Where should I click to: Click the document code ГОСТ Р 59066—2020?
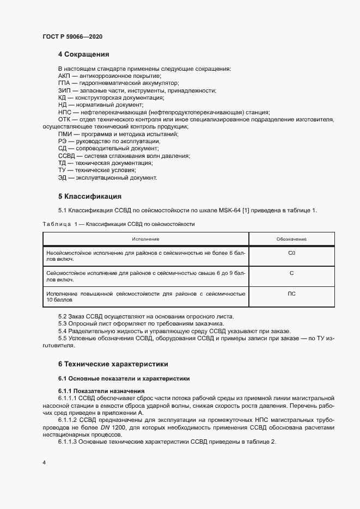point(72,36)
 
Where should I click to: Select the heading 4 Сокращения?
point(84,54)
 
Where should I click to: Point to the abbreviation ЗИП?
point(64,90)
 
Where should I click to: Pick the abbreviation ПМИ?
point(65,134)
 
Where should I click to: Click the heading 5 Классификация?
point(89,196)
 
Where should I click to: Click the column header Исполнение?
point(145,239)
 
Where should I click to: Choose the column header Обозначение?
point(291,239)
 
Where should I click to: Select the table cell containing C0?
point(291,253)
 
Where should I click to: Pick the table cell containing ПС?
point(291,294)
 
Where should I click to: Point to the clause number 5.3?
point(63,324)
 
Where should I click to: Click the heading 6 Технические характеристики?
point(113,363)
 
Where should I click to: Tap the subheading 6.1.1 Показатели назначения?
point(101,391)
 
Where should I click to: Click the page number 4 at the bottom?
point(44,462)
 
